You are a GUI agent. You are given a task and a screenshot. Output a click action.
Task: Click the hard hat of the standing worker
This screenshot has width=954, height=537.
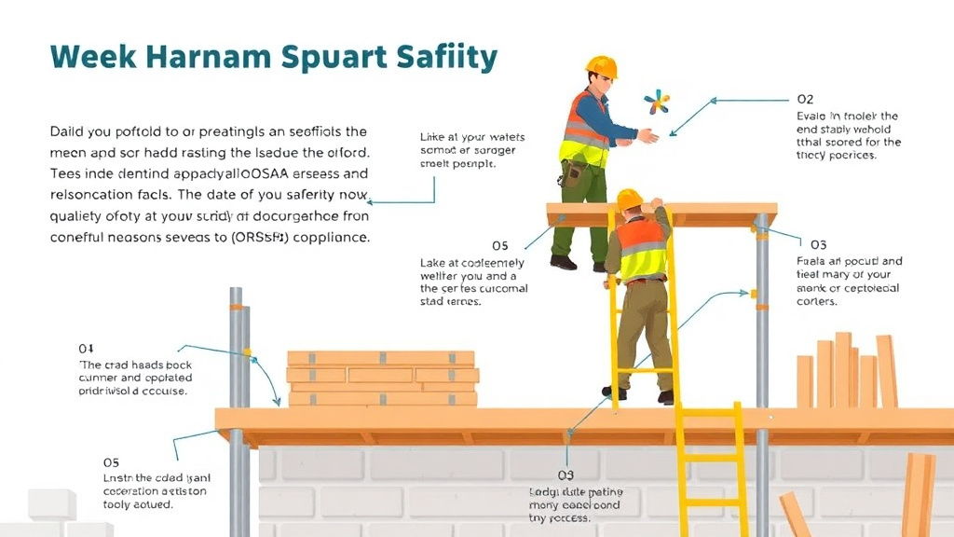(x=602, y=67)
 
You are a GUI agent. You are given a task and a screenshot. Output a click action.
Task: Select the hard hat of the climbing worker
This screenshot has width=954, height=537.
(x=630, y=199)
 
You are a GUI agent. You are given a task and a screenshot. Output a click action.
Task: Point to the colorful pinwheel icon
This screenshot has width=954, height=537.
(x=657, y=102)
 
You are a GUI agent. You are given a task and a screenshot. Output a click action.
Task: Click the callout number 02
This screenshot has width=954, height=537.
(x=805, y=99)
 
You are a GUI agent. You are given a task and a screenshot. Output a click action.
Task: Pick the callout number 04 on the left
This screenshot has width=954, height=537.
(x=86, y=349)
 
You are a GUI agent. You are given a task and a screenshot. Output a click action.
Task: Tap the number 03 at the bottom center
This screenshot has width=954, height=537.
(x=565, y=475)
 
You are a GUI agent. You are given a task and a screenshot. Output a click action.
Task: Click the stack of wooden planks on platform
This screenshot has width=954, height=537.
(x=382, y=378)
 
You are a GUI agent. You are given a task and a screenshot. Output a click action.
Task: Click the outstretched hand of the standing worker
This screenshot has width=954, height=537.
(x=648, y=136)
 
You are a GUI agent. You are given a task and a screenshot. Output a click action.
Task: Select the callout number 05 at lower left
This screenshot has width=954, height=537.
(x=111, y=461)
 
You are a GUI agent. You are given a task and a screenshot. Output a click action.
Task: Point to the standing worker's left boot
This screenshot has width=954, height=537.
(x=563, y=262)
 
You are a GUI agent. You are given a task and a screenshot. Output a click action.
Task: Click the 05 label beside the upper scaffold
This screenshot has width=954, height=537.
(x=499, y=246)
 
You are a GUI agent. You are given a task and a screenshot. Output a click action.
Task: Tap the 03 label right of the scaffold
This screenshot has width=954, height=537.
(x=818, y=244)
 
